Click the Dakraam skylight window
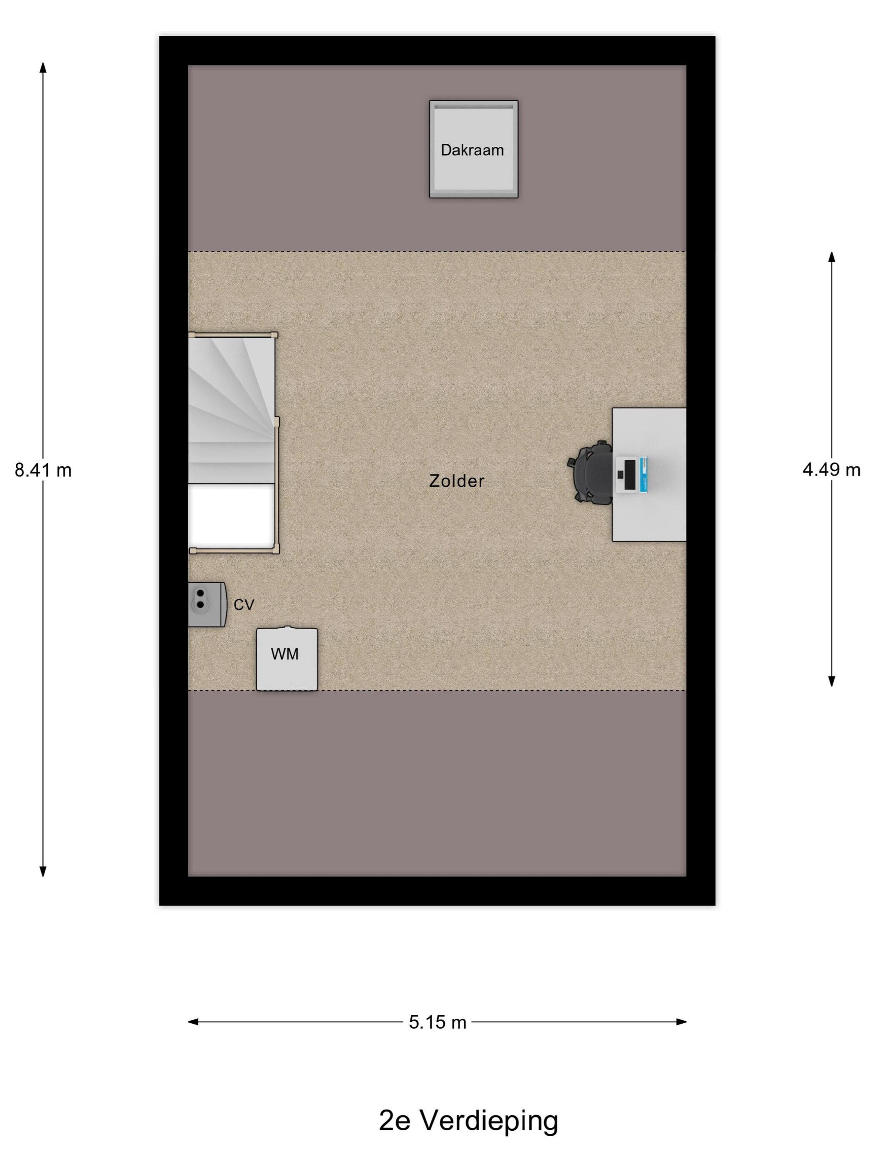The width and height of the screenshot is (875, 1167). (473, 149)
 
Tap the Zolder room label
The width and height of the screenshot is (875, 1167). (456, 481)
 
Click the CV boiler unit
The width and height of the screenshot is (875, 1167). (207, 605)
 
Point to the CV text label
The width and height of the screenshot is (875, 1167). (244, 605)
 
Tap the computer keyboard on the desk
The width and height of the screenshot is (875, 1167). (629, 475)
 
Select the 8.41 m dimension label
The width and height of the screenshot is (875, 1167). (43, 470)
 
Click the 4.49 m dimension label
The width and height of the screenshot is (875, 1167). (831, 470)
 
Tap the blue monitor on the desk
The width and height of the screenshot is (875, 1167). (642, 475)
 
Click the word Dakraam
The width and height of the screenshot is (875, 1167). (472, 150)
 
